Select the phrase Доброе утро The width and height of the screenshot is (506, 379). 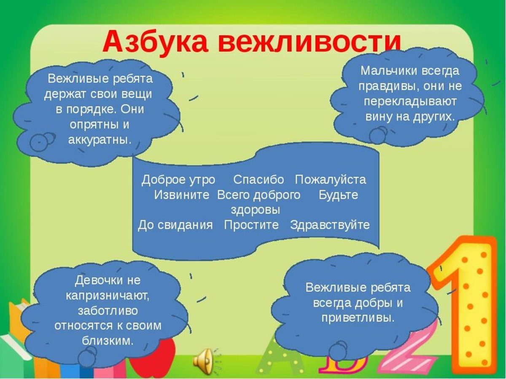[x=178, y=180]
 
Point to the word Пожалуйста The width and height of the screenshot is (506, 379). [x=331, y=180]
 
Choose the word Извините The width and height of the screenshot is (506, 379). [x=182, y=195]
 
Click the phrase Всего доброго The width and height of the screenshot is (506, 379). [x=259, y=195]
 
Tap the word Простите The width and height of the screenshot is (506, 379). [x=251, y=225]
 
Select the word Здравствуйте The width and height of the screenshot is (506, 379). [x=330, y=225]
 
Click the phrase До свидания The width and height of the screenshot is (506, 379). [x=175, y=225]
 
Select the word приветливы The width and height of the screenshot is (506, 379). [x=358, y=318]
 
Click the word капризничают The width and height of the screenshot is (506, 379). [x=108, y=295]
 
